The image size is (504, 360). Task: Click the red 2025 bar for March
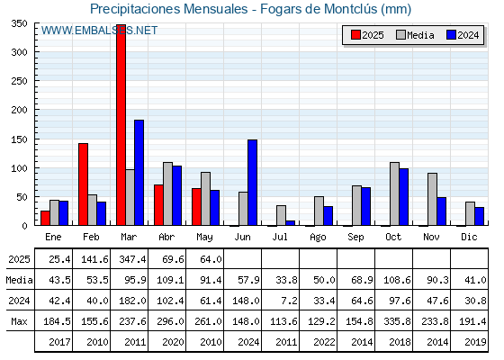[121, 125]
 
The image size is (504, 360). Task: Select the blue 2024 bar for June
[252, 183]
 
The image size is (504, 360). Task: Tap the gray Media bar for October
[394, 193]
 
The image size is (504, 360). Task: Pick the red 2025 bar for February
[83, 184]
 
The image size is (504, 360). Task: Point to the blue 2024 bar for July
[290, 223]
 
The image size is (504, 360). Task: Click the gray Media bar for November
[432, 199]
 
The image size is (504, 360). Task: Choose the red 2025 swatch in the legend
[355, 35]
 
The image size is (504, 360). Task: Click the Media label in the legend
[420, 35]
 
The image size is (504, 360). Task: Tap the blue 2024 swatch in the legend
[451, 35]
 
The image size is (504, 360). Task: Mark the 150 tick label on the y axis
[19, 139]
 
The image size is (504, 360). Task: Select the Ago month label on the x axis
[318, 238]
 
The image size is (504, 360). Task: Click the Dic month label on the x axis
[469, 237]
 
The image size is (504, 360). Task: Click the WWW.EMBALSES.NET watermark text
[99, 31]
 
